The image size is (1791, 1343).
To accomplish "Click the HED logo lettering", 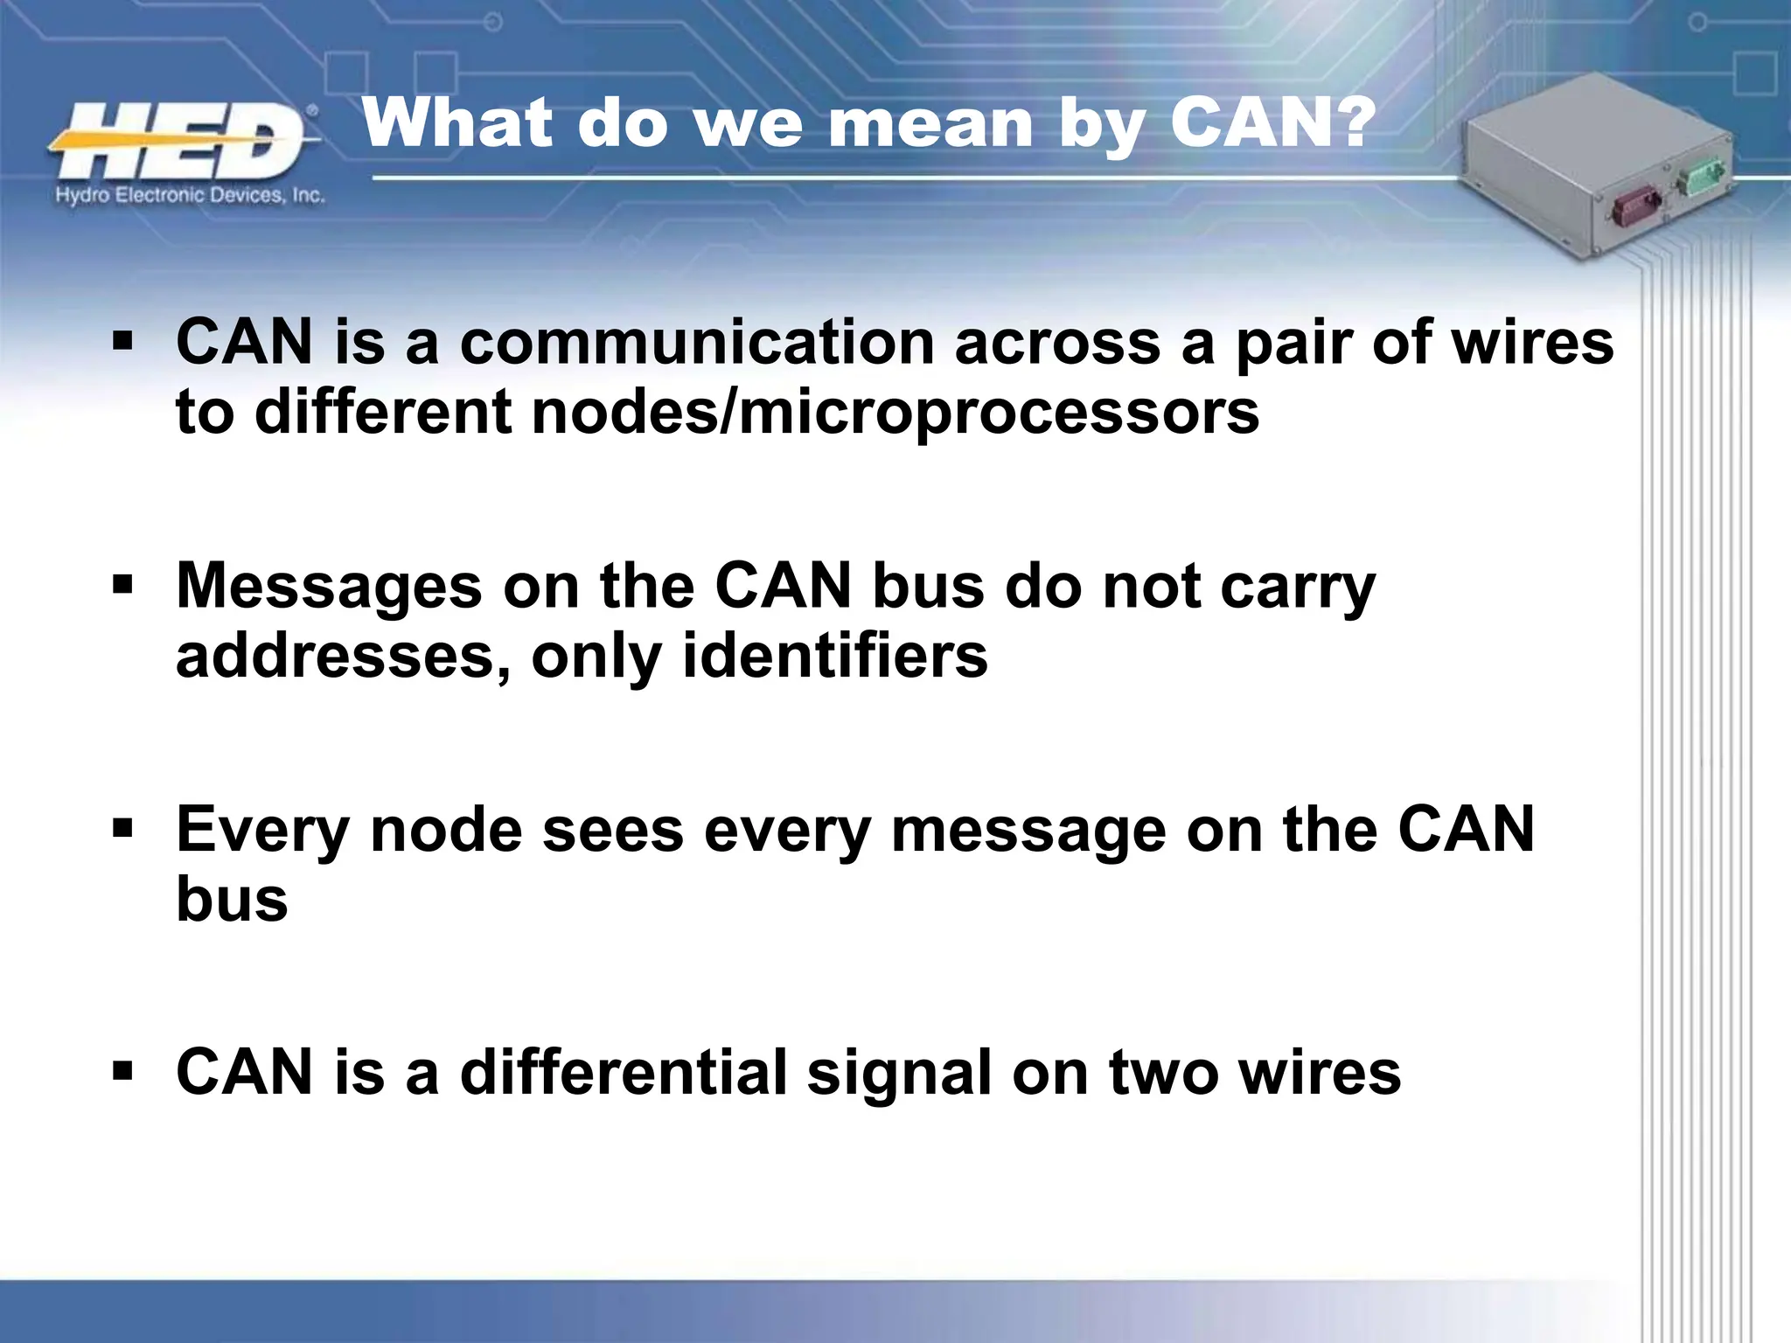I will [179, 140].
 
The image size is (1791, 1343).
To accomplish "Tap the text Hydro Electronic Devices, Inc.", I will [190, 195].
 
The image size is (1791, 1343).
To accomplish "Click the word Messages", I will [329, 587].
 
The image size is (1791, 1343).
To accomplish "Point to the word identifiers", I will [834, 656].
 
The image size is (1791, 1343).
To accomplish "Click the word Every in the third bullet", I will [262, 831].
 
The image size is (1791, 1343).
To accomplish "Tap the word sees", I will [612, 831].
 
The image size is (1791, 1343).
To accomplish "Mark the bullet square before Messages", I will [122, 583].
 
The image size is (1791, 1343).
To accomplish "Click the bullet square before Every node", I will [122, 826].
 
